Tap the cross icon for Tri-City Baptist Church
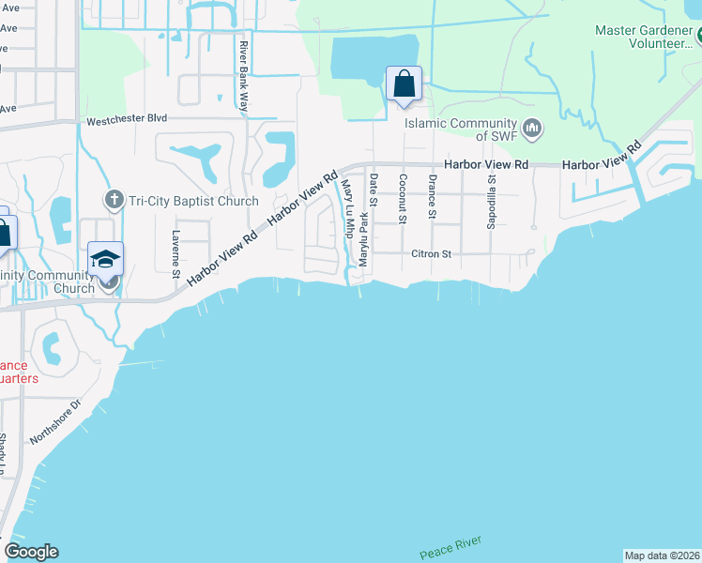tap(114, 199)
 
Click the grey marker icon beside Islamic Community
tap(532, 127)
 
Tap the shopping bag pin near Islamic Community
tap(404, 84)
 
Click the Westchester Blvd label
tap(126, 120)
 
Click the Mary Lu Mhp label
tap(347, 208)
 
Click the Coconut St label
tap(402, 199)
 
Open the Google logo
tap(31, 552)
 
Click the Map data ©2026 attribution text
tap(662, 555)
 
